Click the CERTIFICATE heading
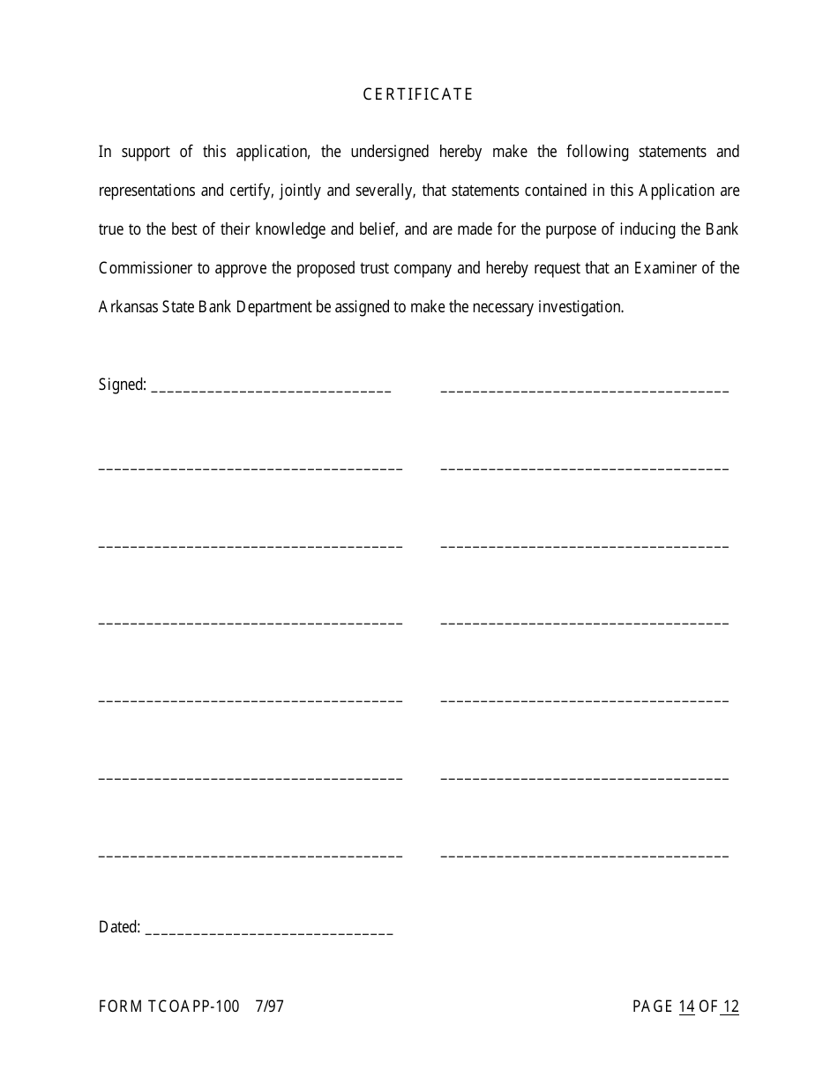(418, 94)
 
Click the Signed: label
(122, 385)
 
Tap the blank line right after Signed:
(272, 388)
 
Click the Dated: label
(119, 927)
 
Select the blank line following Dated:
(269, 931)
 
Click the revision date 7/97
(269, 1006)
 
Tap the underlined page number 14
(686, 1006)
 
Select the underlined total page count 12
(730, 1006)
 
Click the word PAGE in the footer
(653, 1006)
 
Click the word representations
(149, 191)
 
